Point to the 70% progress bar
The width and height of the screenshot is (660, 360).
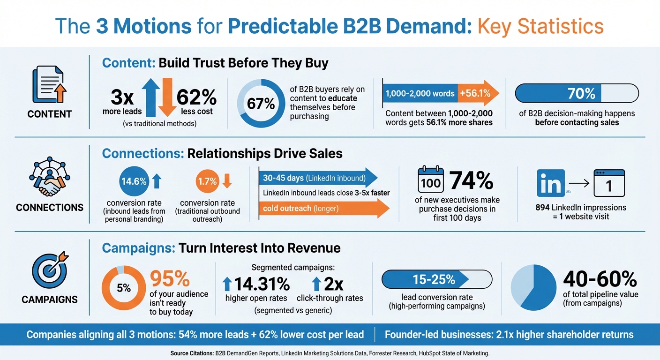(577, 93)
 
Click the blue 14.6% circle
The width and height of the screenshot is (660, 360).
(134, 181)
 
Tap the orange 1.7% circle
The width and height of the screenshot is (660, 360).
(207, 181)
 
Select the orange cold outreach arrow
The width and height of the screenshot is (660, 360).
(323, 208)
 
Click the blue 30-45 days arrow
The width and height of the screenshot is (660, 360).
(318, 178)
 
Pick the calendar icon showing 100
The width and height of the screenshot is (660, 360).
(430, 180)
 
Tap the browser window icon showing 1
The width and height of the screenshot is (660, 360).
(608, 184)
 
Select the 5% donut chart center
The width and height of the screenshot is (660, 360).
(124, 288)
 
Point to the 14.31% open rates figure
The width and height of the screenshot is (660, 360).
(256, 284)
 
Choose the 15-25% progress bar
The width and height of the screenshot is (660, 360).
(437, 280)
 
